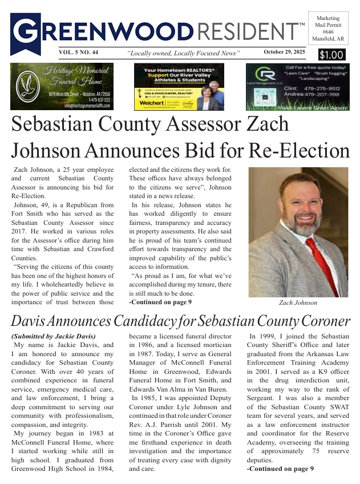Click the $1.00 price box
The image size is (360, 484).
[330, 55]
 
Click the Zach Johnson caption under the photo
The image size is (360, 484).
[298, 302]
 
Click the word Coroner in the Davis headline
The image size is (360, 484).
[320, 321]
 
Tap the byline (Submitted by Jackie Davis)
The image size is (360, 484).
[53, 336]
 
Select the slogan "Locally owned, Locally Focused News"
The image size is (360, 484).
[183, 53]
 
